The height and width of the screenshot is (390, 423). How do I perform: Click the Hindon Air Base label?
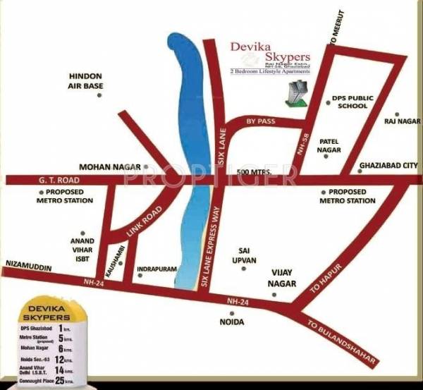coord(85,80)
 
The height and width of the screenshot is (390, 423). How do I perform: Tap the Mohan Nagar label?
coord(106,167)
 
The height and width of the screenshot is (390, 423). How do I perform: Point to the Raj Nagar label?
coord(398,122)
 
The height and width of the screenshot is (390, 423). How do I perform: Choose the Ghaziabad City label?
coord(388,167)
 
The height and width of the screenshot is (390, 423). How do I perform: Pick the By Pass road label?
coord(260,122)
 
